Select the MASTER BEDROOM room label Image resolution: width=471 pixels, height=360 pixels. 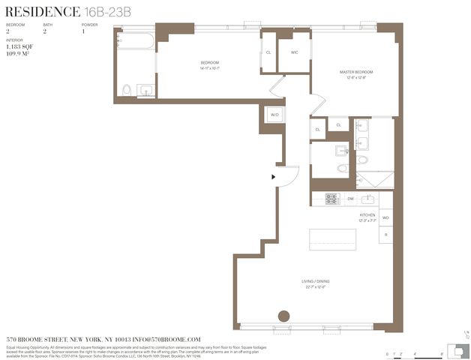(355, 72)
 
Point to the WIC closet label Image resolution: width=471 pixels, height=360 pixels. (294, 52)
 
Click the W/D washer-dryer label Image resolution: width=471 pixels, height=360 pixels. (274, 115)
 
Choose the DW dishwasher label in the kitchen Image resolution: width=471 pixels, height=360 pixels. (350, 199)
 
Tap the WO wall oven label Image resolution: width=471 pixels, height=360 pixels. (385, 217)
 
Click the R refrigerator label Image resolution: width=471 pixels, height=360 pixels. (385, 235)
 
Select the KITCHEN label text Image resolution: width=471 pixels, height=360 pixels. (367, 215)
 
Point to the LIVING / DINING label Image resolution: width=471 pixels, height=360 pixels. (318, 281)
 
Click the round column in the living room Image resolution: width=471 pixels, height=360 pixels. (283, 316)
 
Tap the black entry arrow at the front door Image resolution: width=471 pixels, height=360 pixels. (274, 177)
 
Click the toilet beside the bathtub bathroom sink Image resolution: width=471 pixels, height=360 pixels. (127, 90)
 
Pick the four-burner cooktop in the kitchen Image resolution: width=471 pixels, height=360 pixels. (331, 199)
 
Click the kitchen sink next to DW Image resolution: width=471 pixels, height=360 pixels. (367, 199)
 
